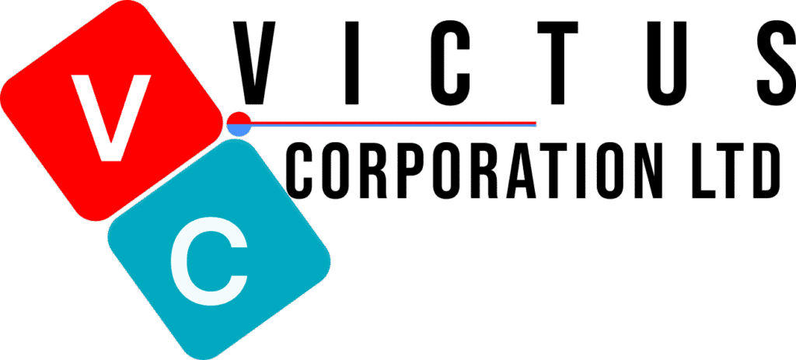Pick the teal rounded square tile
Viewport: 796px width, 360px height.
(x=219, y=248)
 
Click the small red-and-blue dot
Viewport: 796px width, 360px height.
(x=239, y=124)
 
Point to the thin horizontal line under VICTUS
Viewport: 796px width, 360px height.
(x=393, y=124)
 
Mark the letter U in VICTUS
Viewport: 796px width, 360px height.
(x=668, y=63)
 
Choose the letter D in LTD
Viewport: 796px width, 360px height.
(x=766, y=170)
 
